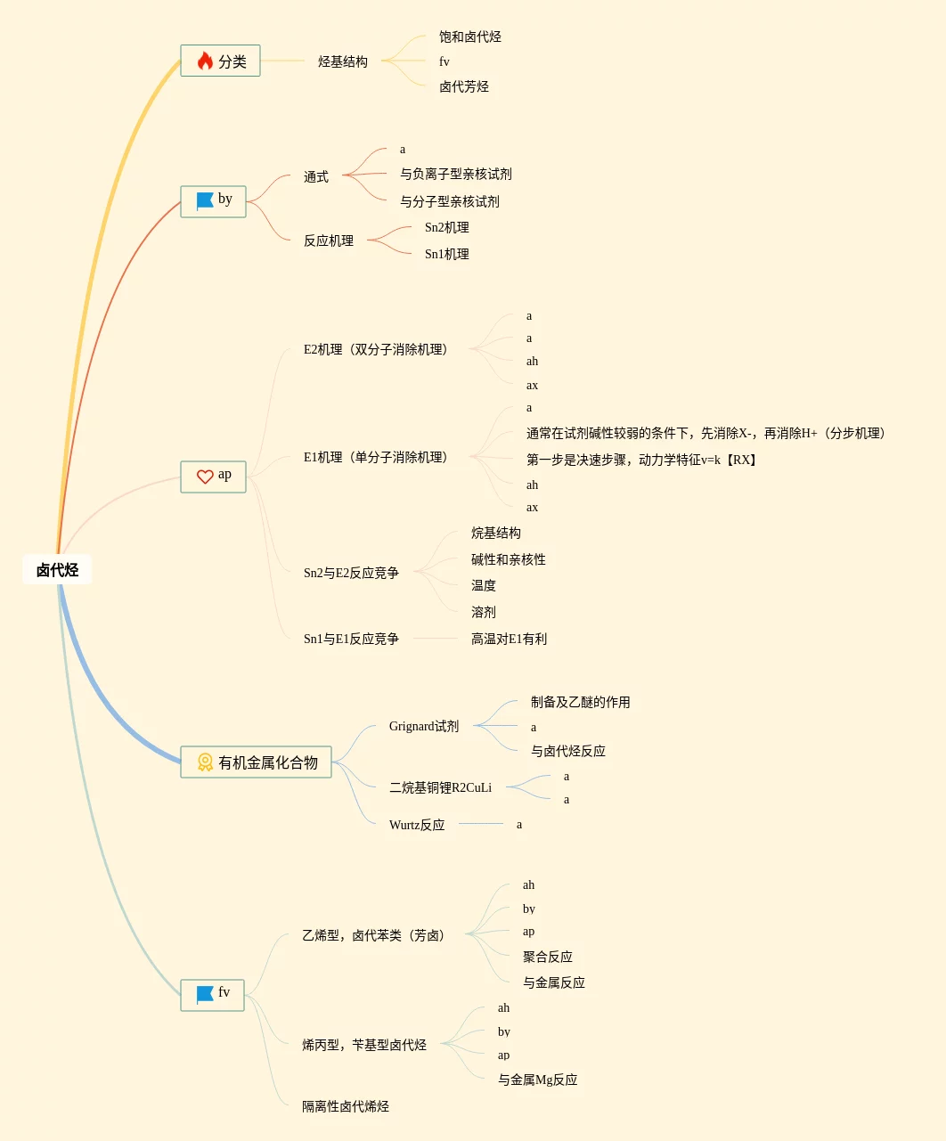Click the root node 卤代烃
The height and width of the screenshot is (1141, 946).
pyautogui.click(x=57, y=570)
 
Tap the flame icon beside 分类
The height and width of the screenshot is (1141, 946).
pyautogui.click(x=205, y=61)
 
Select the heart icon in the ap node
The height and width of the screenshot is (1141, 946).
pyautogui.click(x=205, y=477)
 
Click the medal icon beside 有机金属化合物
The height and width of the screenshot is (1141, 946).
pyautogui.click(x=205, y=762)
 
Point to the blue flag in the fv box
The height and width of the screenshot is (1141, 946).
pyautogui.click(x=205, y=994)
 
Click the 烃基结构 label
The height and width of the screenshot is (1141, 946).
pyautogui.click(x=343, y=61)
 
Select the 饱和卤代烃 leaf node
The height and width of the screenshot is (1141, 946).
pyautogui.click(x=470, y=37)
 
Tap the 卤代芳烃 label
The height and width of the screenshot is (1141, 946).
pyautogui.click(x=464, y=86)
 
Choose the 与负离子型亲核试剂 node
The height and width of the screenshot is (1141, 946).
pyautogui.click(x=456, y=174)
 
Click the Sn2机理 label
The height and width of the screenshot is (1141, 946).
pyautogui.click(x=447, y=227)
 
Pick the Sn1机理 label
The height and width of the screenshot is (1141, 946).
pyautogui.click(x=447, y=254)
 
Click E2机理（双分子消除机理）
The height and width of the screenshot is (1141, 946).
pyautogui.click(x=375, y=349)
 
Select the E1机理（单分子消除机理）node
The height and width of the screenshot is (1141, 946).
pyautogui.click(x=375, y=457)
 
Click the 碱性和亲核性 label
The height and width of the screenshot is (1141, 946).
pyautogui.click(x=509, y=559)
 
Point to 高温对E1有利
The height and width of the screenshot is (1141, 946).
pyautogui.click(x=510, y=639)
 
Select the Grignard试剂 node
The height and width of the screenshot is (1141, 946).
pyautogui.click(x=424, y=726)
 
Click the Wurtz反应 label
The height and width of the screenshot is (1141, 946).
pyautogui.click(x=417, y=825)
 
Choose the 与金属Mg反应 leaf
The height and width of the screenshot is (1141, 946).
pyautogui.click(x=538, y=1080)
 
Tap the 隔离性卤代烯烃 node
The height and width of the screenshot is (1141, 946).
pyautogui.click(x=346, y=1106)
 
